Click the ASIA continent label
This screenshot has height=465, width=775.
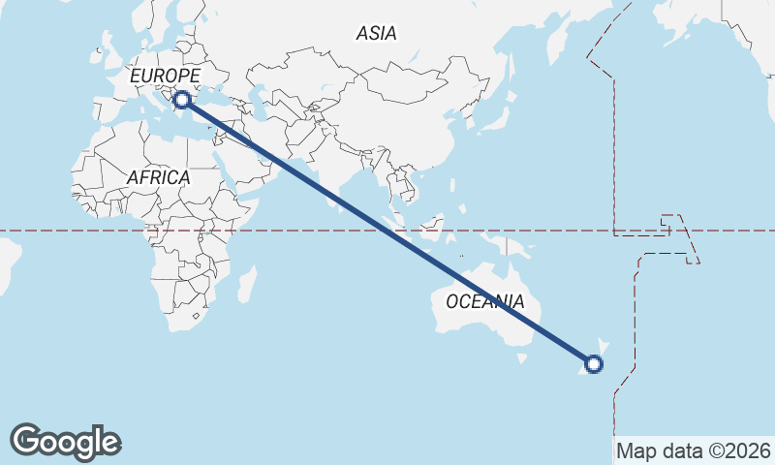(x=376, y=33)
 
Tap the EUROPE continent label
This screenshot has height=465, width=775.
(x=165, y=76)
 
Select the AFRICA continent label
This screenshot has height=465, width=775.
(x=158, y=177)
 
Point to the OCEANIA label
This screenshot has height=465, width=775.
(x=485, y=301)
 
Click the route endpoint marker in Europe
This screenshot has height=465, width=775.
(x=181, y=99)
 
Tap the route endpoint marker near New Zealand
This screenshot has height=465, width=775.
(x=594, y=364)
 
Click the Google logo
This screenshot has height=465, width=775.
(x=65, y=441)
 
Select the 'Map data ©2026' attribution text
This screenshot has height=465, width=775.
(x=694, y=450)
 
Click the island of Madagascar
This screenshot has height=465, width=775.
(x=247, y=284)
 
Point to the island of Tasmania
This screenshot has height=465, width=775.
(x=523, y=358)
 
